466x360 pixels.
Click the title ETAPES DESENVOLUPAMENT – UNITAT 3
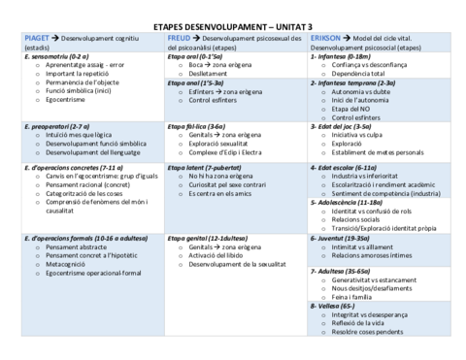click(x=233, y=22)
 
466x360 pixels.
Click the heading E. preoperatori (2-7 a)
click(x=56, y=125)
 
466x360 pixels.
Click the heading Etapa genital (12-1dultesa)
click(x=207, y=237)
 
